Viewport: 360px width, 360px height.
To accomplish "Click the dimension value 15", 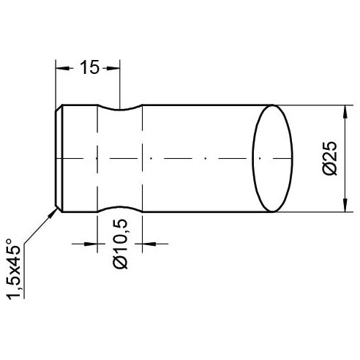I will click(x=89, y=68).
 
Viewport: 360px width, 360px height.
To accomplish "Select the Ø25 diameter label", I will click(x=329, y=158).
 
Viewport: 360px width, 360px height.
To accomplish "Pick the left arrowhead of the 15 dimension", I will click(x=61, y=68).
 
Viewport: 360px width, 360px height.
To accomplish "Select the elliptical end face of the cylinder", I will click(x=272, y=158).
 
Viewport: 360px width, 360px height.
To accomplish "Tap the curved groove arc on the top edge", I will click(x=119, y=110).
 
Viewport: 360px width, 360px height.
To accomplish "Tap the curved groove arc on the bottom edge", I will click(x=119, y=207).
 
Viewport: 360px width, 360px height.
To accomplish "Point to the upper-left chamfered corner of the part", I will click(x=60, y=108).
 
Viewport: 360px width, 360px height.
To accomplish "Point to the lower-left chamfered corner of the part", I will click(x=60, y=209).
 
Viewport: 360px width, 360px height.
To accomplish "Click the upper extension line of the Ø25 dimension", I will click(x=315, y=104).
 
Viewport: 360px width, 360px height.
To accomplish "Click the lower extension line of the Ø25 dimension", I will click(x=315, y=212).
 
